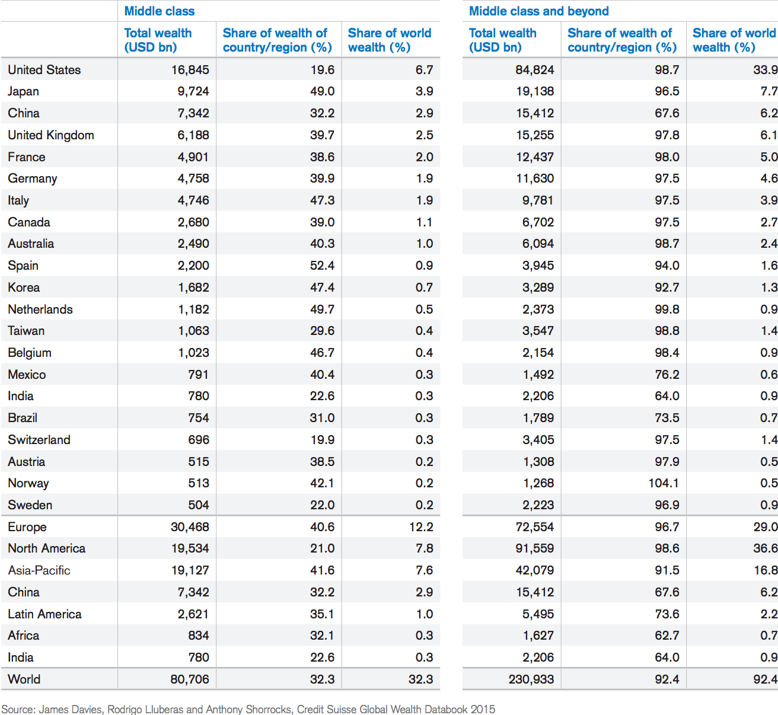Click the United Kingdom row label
click(x=51, y=135)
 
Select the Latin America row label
click(x=44, y=614)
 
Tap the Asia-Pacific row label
click(x=39, y=570)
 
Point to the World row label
click(x=24, y=679)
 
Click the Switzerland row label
click(x=39, y=440)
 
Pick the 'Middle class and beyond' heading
click(x=538, y=11)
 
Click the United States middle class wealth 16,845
click(x=190, y=70)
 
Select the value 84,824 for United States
click(x=535, y=70)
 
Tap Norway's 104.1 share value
click(x=664, y=483)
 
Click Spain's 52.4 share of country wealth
click(x=322, y=266)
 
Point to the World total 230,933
click(x=531, y=679)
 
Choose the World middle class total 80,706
click(x=190, y=679)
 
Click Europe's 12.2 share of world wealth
click(x=421, y=527)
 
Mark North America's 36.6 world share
click(x=766, y=548)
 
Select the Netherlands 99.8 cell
click(x=667, y=309)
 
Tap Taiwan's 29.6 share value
click(x=322, y=331)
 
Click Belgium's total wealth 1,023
click(x=193, y=353)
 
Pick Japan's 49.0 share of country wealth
click(x=322, y=91)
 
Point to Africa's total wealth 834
click(x=198, y=636)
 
